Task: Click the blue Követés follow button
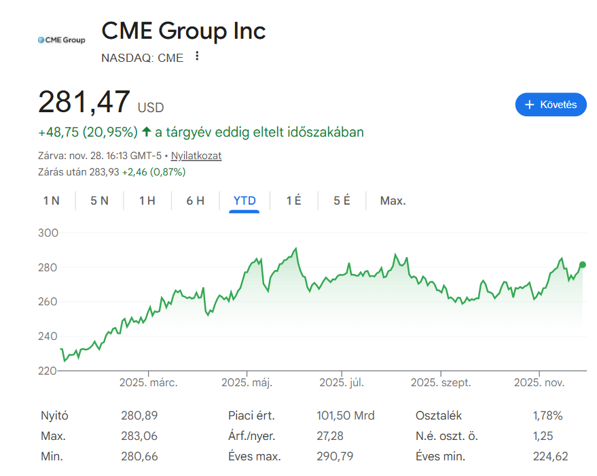[x=551, y=105]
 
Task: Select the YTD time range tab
[x=245, y=201]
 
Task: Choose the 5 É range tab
[x=342, y=201]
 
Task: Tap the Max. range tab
[x=393, y=201]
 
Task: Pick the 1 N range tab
[x=52, y=201]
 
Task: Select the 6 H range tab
[x=196, y=201]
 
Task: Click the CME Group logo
[x=61, y=40]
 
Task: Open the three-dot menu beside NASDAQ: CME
[x=197, y=56]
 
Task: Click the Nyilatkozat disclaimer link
[x=196, y=156]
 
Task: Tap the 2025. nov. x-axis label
[x=539, y=383]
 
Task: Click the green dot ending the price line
[x=583, y=265]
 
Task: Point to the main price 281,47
[x=84, y=102]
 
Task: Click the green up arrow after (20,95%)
[x=147, y=132]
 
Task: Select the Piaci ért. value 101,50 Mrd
[x=345, y=415]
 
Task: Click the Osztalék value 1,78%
[x=547, y=415]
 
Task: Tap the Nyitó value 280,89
[x=139, y=415]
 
